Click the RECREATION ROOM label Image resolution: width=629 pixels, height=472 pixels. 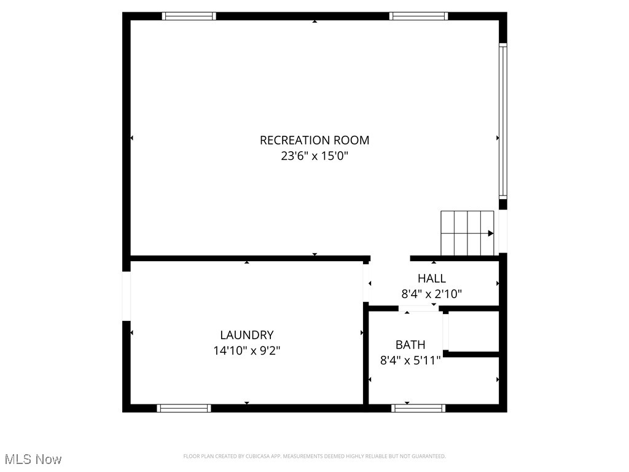(x=314, y=140)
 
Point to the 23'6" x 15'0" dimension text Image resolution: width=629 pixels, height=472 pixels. (x=314, y=156)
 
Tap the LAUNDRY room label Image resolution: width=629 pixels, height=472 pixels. (x=247, y=335)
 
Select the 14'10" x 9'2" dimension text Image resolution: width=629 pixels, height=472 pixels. (x=247, y=351)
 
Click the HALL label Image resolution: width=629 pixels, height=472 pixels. (x=432, y=278)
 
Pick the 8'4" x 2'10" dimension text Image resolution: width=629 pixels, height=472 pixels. (x=432, y=294)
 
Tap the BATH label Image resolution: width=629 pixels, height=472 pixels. (x=410, y=345)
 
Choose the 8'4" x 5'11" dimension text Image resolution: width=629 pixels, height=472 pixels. (x=410, y=361)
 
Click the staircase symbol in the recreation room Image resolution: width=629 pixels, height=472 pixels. (x=467, y=233)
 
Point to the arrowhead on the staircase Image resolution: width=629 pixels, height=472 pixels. (x=491, y=234)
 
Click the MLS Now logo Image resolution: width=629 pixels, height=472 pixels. (x=33, y=459)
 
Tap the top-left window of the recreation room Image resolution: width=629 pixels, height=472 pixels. (x=189, y=16)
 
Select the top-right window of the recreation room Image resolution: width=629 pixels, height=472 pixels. (x=418, y=16)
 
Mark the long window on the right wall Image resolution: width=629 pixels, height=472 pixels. (x=502, y=120)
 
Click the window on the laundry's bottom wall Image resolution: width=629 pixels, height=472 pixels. (x=184, y=408)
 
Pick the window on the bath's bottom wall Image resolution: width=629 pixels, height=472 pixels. (x=418, y=408)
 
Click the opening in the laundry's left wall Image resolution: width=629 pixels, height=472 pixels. (x=127, y=296)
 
